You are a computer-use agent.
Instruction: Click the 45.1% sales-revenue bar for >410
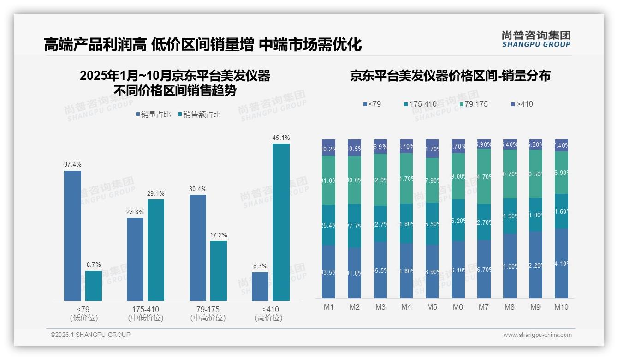(281, 222)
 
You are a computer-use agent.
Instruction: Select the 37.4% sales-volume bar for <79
(72, 236)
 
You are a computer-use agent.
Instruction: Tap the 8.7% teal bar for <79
(94, 286)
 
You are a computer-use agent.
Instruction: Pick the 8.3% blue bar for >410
(260, 287)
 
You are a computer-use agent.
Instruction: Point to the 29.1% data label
(156, 193)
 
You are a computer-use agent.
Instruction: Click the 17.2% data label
(219, 235)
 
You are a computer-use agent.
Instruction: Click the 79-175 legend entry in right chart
(473, 104)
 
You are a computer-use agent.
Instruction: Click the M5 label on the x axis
(432, 307)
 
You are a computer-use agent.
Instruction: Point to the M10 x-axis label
(561, 307)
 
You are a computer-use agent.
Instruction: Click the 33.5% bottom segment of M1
(329, 272)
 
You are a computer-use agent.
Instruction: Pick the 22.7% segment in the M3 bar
(380, 224)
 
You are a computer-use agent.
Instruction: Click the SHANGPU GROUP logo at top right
(536, 39)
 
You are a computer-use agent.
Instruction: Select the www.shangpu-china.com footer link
(537, 335)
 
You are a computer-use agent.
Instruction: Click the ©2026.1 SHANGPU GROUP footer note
(90, 335)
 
